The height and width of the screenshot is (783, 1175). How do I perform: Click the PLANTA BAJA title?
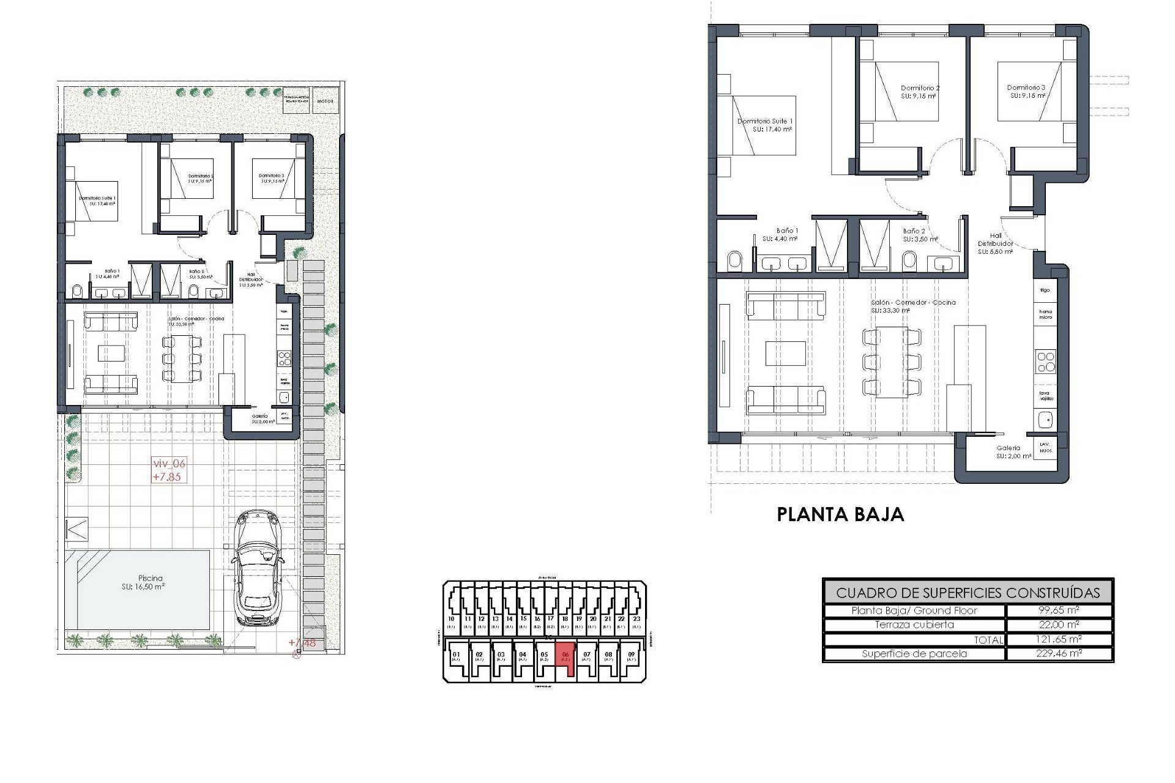pos(840,514)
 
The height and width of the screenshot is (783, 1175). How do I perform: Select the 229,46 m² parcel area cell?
pos(1059,653)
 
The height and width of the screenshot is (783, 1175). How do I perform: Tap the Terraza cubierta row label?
pos(914,625)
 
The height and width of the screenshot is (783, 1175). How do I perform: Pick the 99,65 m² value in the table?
pos(1059,610)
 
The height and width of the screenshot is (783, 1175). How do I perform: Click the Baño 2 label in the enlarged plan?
pos(914,234)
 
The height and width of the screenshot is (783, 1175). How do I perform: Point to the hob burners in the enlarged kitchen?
pos(1046,362)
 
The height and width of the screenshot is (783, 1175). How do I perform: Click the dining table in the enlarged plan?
pos(892,362)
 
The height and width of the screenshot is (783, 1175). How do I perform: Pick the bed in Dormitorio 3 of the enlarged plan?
pos(1029,91)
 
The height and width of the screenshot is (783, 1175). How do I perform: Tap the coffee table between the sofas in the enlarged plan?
pos(785,354)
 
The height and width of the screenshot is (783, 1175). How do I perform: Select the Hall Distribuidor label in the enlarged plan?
pos(996,243)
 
